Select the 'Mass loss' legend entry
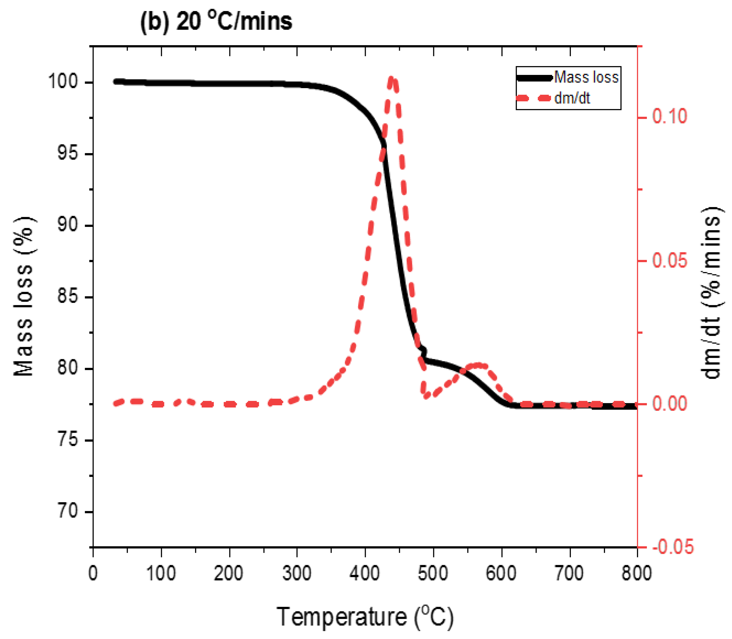click(x=586, y=77)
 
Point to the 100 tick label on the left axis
click(x=63, y=82)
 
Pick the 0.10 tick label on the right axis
click(x=669, y=117)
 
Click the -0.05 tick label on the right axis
click(x=673, y=547)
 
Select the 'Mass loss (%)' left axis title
click(x=24, y=296)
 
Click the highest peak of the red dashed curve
click(x=392, y=78)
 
